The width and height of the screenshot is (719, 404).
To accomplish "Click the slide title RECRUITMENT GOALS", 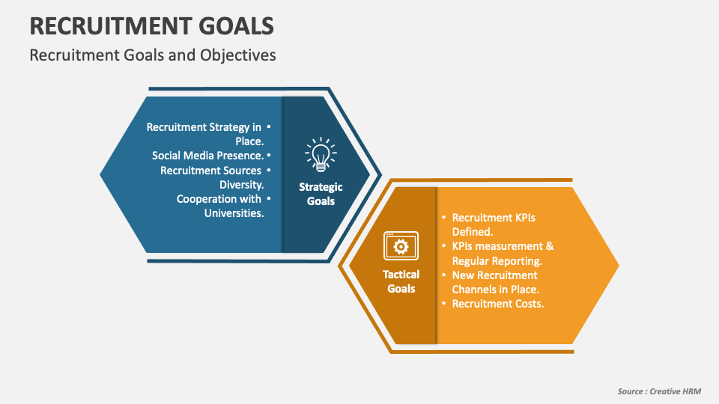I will coord(151,25).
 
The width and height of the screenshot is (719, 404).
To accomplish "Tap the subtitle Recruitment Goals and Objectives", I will coord(153,55).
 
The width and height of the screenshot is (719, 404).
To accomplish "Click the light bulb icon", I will coord(320,154).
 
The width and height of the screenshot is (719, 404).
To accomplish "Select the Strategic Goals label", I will coord(321,194).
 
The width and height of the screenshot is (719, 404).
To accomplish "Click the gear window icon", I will coord(401,245).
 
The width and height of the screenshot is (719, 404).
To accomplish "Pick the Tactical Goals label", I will coord(401,281).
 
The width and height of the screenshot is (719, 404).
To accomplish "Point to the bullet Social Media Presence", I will coord(207,156).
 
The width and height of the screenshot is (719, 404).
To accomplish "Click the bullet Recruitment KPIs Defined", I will coord(494,224).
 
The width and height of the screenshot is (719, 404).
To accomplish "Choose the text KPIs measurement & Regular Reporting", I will coord(503,254).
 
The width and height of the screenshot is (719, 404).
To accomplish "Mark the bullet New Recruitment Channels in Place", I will coord(495,282).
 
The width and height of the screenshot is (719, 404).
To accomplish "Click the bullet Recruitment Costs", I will coord(497,304).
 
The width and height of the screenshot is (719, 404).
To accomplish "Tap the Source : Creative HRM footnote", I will coord(659,392).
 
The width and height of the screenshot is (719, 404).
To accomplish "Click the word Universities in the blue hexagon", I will coord(234,213).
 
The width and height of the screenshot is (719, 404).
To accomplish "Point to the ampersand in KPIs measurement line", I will coord(549,246).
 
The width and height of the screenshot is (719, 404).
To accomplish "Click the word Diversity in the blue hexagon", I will coord(241,185).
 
